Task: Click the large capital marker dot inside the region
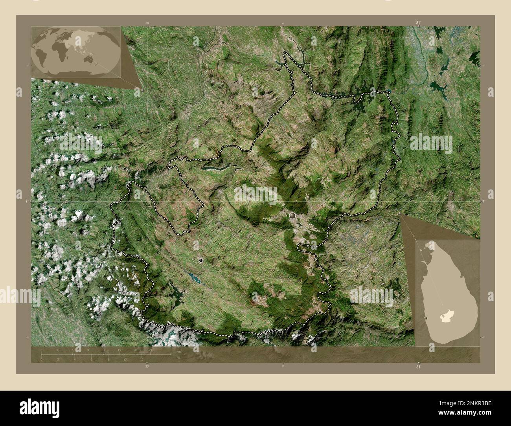[292, 215]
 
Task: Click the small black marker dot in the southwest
[201, 260]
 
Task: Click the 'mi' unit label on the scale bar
[178, 358]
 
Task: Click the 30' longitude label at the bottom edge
[147, 366]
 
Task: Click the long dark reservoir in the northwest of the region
[216, 169]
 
